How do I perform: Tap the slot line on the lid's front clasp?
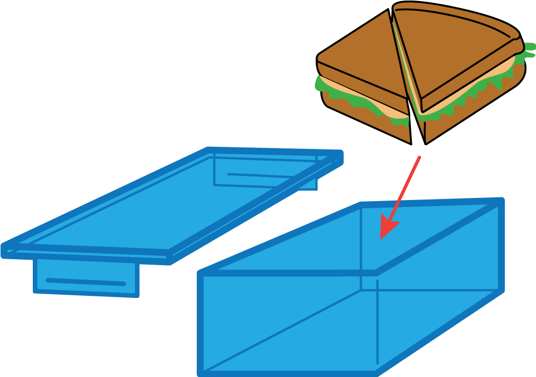click(x=86, y=282)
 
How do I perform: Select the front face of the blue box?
click(x=288, y=323)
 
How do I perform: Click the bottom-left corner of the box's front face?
click(x=202, y=372)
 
